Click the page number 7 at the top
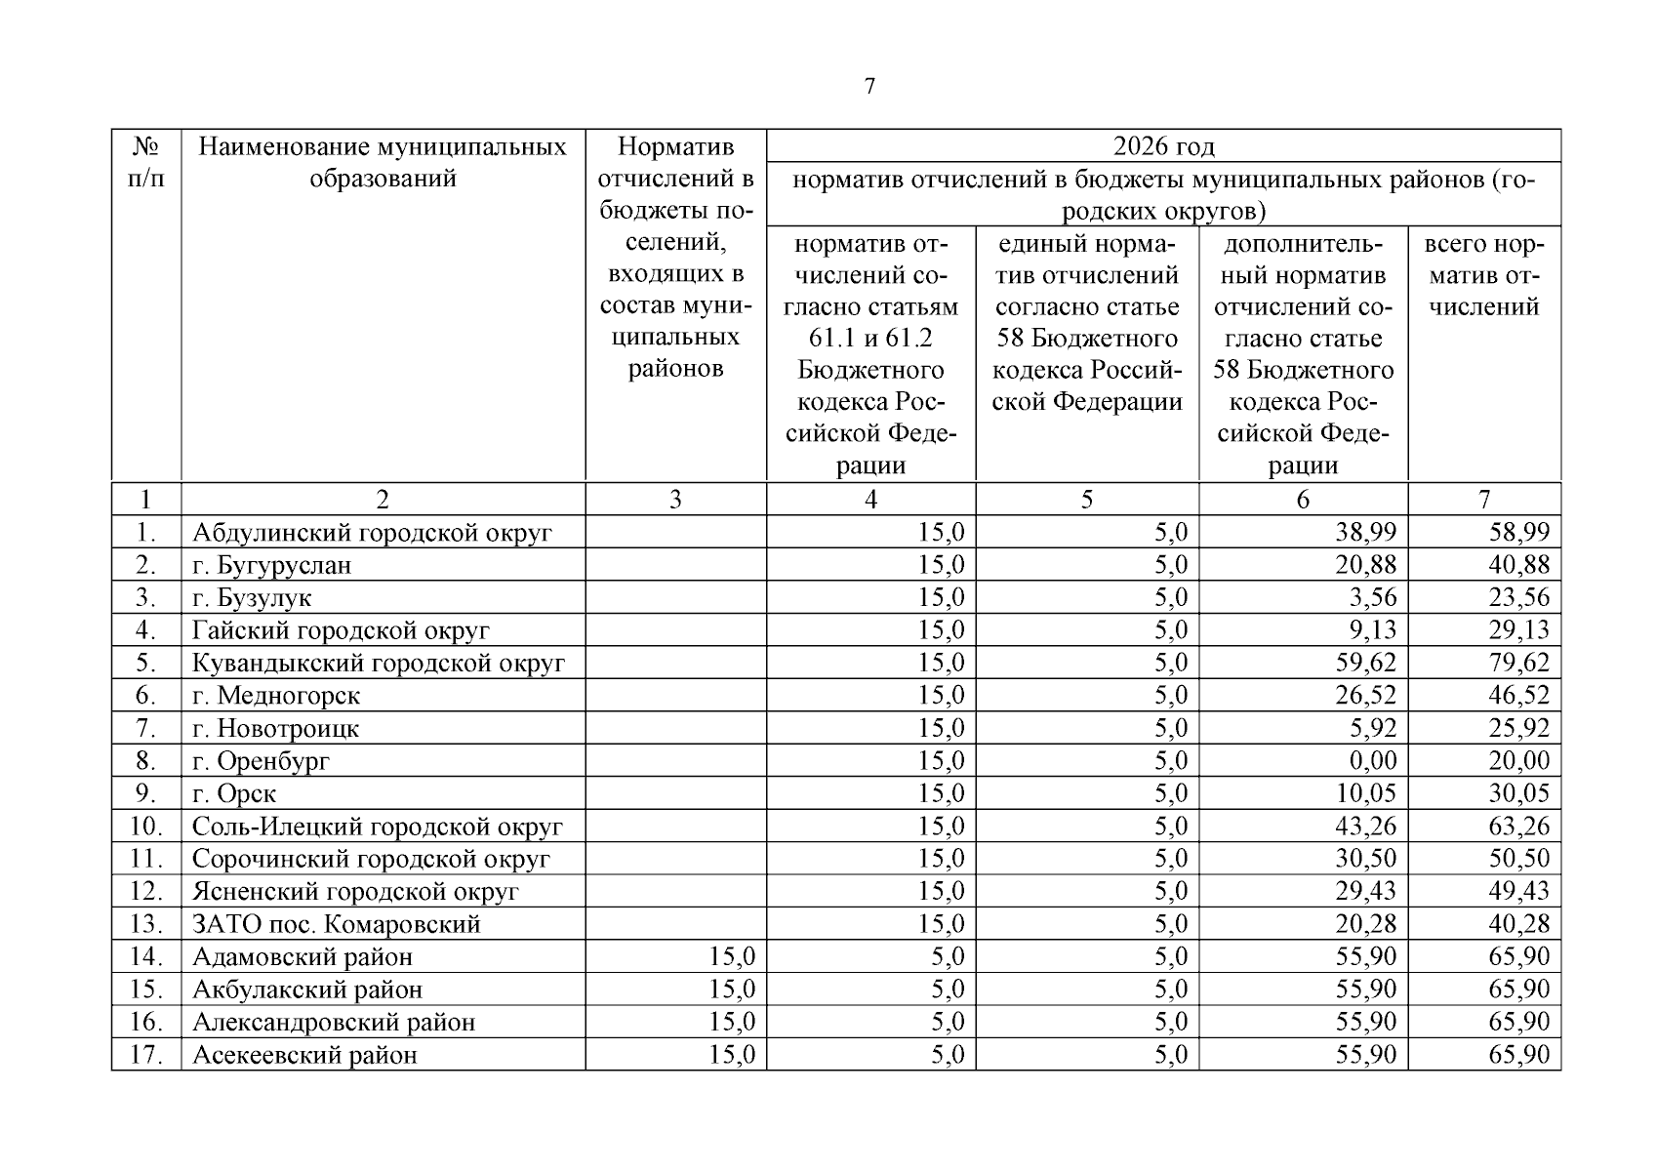point(869,86)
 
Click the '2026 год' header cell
point(1163,146)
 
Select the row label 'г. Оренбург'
point(262,761)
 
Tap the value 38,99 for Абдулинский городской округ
point(1365,532)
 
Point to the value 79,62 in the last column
point(1518,663)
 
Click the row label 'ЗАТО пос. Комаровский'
point(337,924)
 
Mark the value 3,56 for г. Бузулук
point(1373,597)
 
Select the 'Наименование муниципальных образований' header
point(383,163)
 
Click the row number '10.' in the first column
point(145,827)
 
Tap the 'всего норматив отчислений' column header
point(1483,275)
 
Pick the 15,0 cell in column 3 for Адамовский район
point(732,956)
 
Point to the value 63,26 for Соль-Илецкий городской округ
point(1518,827)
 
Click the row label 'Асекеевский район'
point(304,1055)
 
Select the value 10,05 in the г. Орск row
point(1365,793)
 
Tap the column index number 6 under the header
point(1303,500)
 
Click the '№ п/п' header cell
point(146,163)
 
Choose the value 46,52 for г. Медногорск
point(1518,696)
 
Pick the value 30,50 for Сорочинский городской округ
point(1365,859)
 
